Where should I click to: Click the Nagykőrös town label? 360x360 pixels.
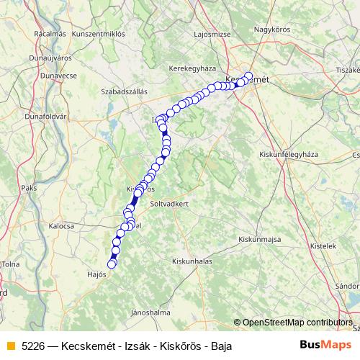pos(273,30)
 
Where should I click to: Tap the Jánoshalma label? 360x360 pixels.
pos(149,312)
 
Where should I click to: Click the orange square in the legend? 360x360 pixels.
pos(10,346)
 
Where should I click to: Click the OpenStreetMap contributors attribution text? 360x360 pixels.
pos(297,322)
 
